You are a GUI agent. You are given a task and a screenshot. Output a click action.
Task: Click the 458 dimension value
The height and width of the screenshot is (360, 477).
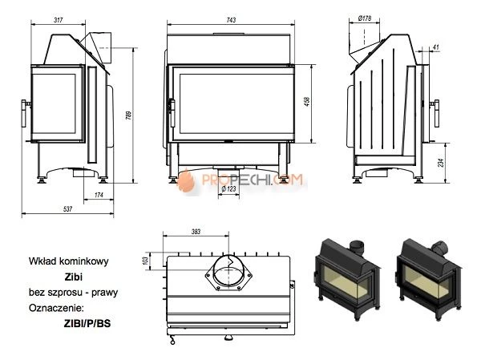pyautogui.click(x=307, y=103)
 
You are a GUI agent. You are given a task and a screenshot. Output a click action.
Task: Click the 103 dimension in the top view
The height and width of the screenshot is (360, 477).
pyautogui.click(x=156, y=260)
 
